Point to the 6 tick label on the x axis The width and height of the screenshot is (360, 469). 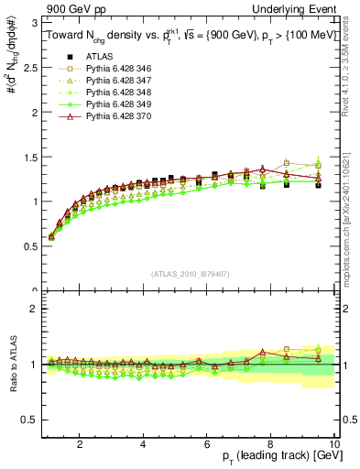click(207, 443)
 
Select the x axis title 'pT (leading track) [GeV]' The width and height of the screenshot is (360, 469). click(277, 457)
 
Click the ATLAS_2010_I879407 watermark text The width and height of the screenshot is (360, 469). click(190, 273)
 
